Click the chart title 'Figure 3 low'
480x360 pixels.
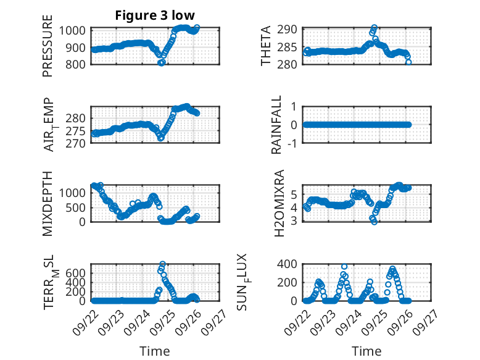click(x=155, y=15)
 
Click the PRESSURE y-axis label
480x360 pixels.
click(x=48, y=51)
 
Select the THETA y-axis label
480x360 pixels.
click(x=266, y=46)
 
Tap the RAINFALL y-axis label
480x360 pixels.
click(x=277, y=125)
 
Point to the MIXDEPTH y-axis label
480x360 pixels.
click(x=48, y=204)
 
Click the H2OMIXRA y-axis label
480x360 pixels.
click(x=279, y=204)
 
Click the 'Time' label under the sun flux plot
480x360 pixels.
click(x=366, y=351)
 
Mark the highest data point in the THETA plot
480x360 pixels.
click(x=374, y=28)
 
